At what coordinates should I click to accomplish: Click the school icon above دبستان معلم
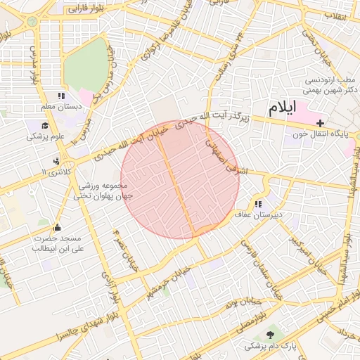coord(61,96)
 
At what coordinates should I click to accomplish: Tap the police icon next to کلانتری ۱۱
coord(56,161)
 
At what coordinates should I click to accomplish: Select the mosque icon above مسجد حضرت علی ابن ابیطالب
coord(57,228)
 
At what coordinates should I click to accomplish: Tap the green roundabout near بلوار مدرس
coord(32,21)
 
